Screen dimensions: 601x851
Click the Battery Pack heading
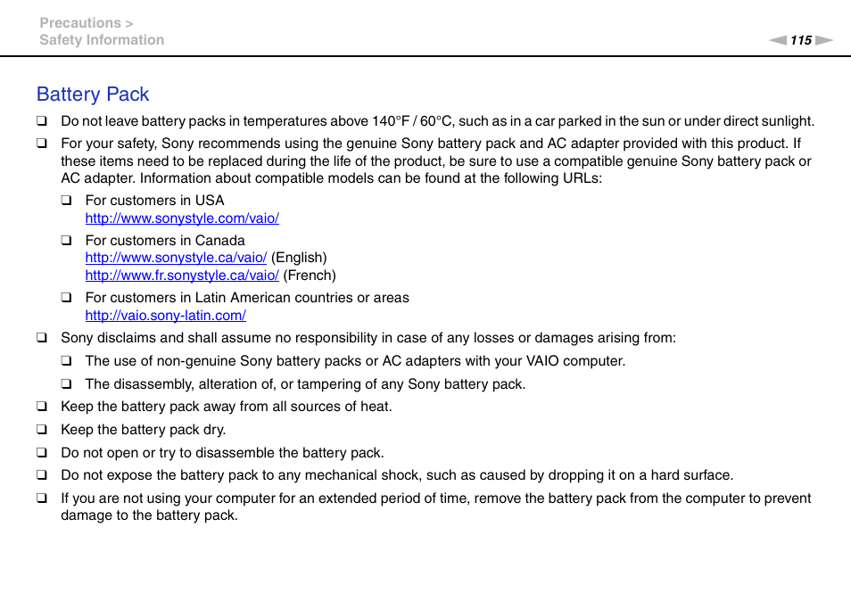click(93, 95)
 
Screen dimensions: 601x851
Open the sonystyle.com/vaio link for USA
click(182, 218)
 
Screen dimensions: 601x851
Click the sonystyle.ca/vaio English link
click(176, 258)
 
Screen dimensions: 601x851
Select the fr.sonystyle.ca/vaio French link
click(182, 276)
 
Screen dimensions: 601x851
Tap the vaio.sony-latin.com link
click(165, 316)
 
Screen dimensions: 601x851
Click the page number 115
click(801, 40)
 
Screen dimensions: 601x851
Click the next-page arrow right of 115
click(824, 40)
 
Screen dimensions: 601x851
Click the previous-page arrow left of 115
click(778, 40)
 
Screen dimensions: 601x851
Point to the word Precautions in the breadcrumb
click(80, 23)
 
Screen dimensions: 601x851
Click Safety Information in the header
click(102, 40)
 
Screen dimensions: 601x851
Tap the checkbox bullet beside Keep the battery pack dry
click(41, 430)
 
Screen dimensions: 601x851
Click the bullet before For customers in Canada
click(66, 241)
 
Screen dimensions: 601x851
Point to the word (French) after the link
click(310, 276)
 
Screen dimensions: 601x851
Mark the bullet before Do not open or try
click(41, 453)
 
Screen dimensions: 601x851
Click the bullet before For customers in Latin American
click(66, 298)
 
